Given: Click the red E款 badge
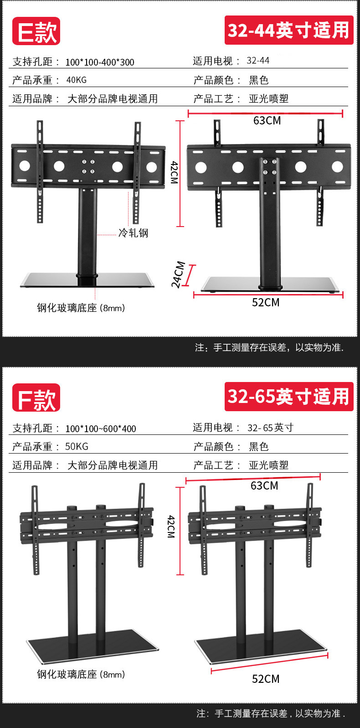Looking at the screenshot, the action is coord(36,31).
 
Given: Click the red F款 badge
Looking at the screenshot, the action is coord(36,398).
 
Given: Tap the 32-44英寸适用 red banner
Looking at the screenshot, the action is coord(288,30).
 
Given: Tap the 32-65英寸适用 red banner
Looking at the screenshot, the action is coord(288,396).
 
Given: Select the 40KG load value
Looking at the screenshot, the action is coord(76,80).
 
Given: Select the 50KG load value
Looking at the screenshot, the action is coord(77,446).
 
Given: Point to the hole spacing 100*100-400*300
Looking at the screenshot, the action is coord(100,62).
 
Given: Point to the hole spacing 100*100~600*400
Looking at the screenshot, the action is coord(101,429).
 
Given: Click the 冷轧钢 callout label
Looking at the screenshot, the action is coord(133,233).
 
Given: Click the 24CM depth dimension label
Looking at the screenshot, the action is coord(178,274).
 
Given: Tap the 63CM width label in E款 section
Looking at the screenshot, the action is coord(267,121).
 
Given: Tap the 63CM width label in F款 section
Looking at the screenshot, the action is coord(264,486).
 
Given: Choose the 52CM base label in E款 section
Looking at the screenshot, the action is coord(266,303).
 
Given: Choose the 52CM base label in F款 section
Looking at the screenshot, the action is coord(266,679).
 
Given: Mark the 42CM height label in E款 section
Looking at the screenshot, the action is coord(174,172).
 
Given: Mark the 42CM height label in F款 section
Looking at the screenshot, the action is coord(171,527).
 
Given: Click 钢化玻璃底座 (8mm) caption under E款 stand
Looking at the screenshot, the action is coord(81,308).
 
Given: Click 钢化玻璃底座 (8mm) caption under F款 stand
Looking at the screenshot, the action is coord(81,674).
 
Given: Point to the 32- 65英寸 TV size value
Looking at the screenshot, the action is coord(270,428).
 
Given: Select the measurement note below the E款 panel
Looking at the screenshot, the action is coord(269,348).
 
